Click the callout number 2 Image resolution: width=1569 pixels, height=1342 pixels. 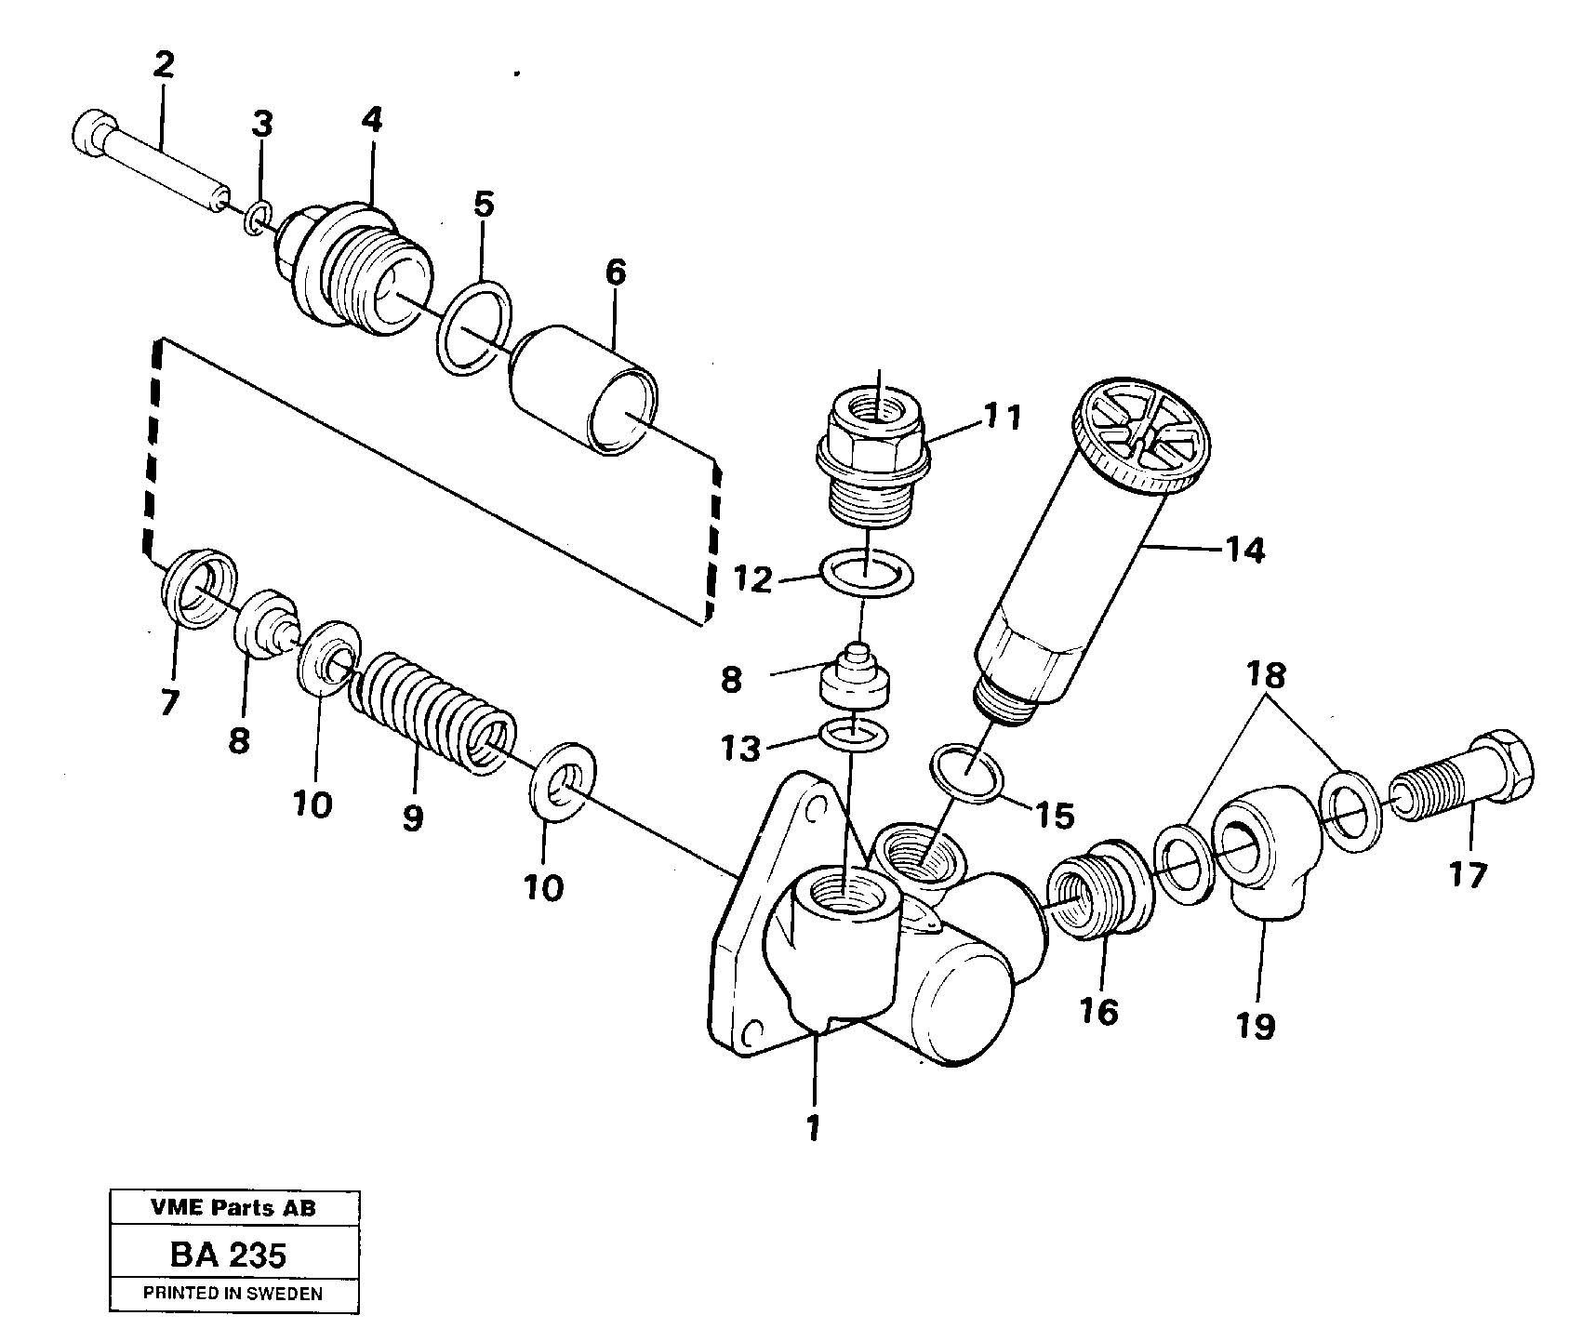click(x=163, y=65)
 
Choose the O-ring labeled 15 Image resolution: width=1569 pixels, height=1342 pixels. click(x=968, y=771)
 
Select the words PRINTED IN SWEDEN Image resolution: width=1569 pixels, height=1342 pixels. click(x=233, y=1293)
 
